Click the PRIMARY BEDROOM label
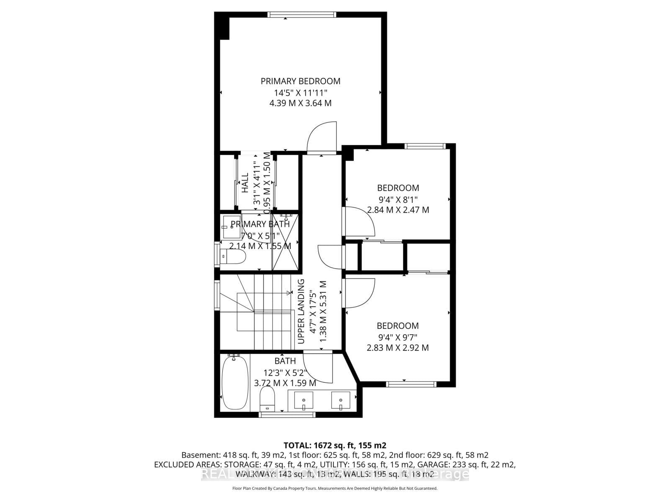point(300,81)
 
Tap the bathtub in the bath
point(234,383)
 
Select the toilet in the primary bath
point(233,257)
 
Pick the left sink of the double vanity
point(303,400)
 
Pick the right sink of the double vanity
point(340,400)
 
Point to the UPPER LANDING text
point(301,312)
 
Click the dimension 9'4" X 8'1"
point(398,199)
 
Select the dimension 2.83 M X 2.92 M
point(398,348)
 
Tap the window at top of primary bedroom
point(301,15)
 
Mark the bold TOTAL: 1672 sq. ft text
point(335,445)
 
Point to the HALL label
point(245,183)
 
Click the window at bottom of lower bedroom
point(411,384)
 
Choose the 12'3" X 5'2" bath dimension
point(285,372)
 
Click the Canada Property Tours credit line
point(335,488)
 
